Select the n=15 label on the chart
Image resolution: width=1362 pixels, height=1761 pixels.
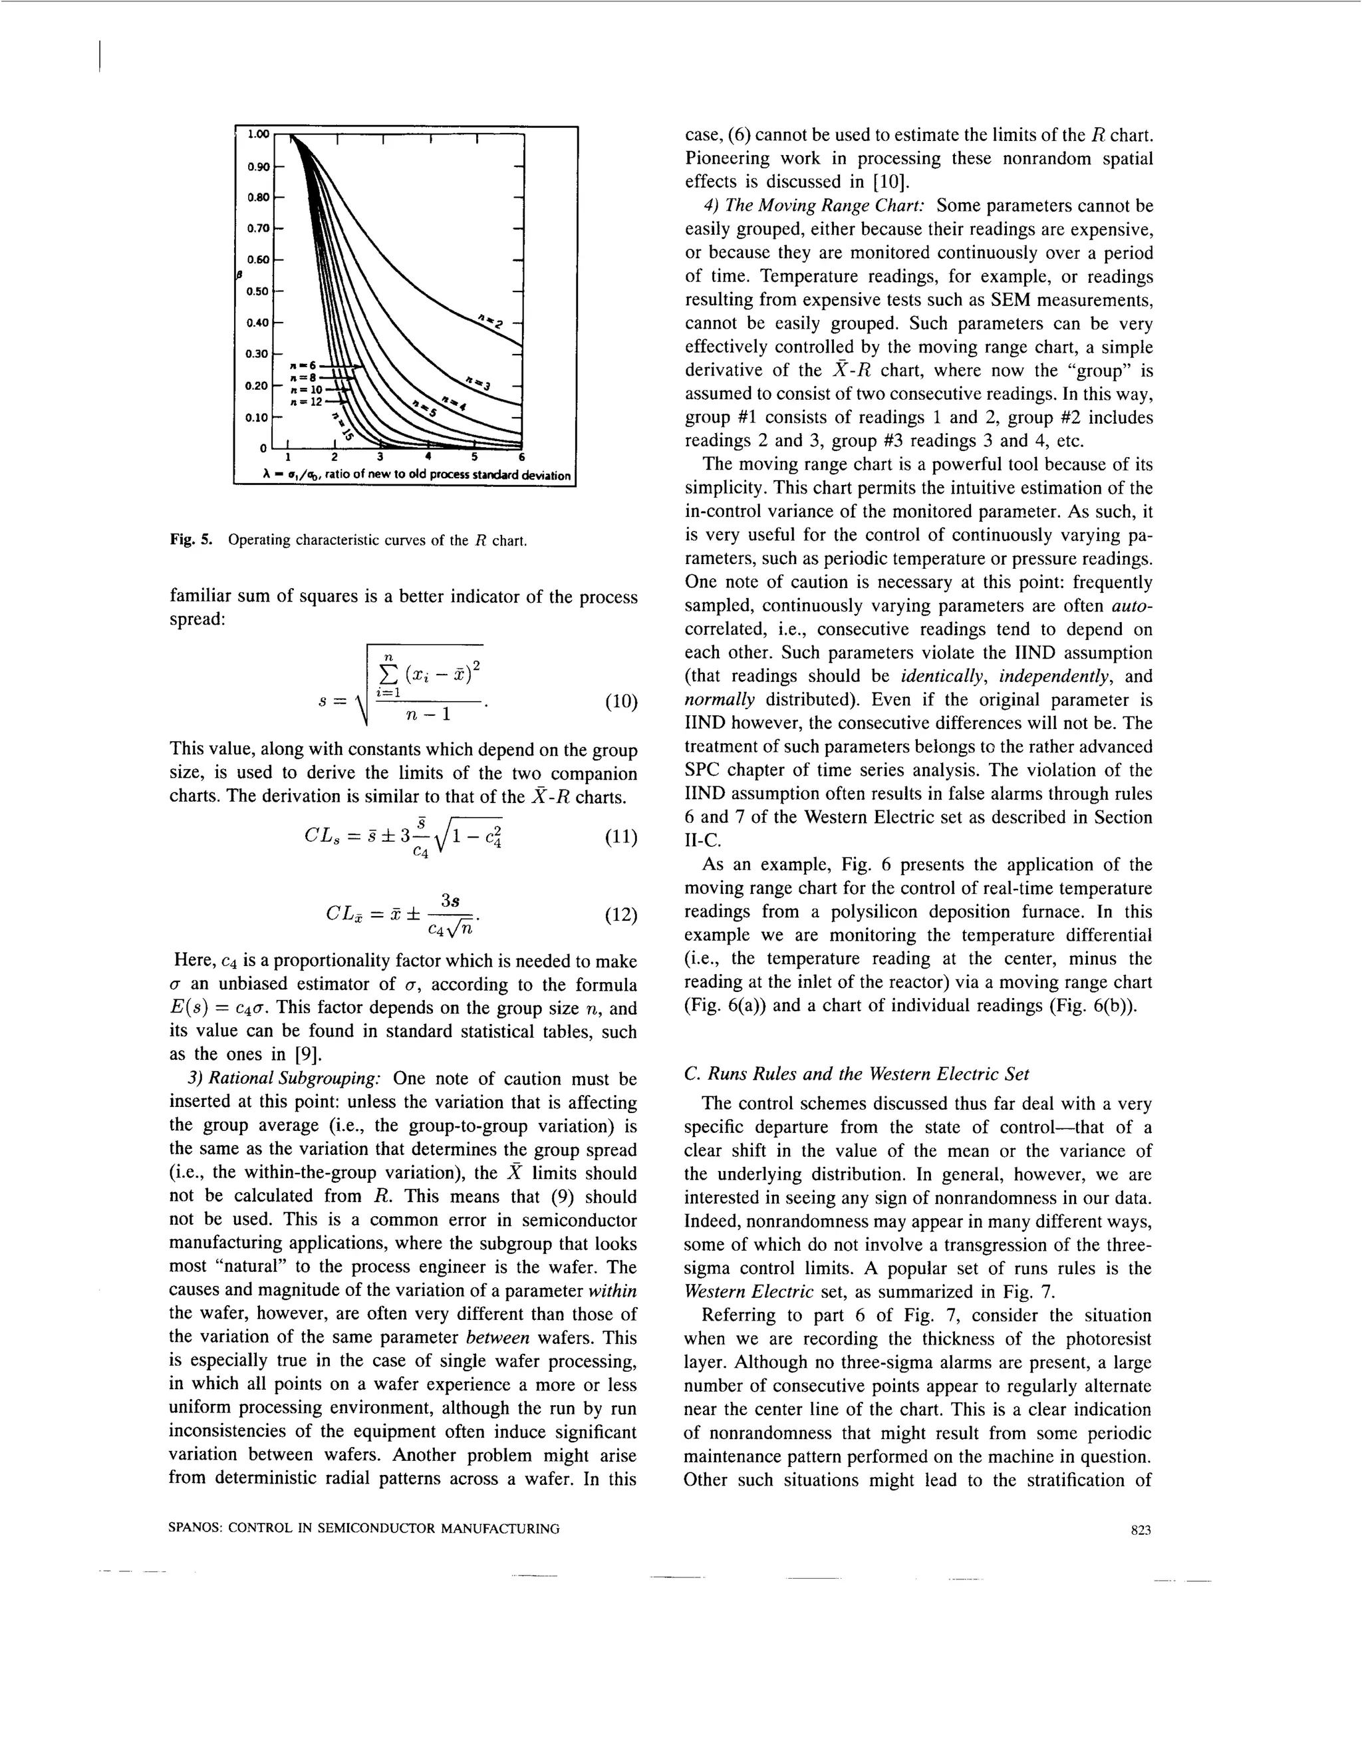(343, 426)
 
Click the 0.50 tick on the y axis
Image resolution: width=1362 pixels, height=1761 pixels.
(258, 290)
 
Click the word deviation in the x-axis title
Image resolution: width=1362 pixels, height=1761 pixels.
(545, 475)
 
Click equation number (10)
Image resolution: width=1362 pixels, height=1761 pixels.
(620, 701)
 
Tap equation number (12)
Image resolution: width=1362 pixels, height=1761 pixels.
(620, 915)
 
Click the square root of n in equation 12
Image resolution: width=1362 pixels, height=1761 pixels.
(461, 929)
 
